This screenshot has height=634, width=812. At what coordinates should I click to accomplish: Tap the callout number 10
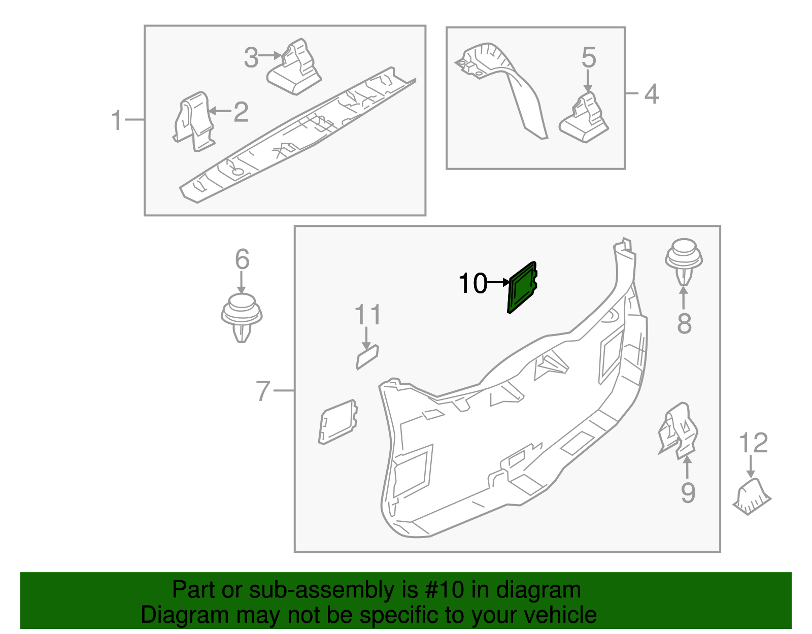click(x=472, y=283)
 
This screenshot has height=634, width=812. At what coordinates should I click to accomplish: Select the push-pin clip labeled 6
click(x=242, y=318)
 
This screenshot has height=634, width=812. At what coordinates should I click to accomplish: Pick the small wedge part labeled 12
click(x=752, y=497)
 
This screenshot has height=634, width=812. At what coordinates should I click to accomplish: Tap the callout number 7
click(x=262, y=391)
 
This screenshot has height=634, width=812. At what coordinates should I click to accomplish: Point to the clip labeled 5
click(x=585, y=119)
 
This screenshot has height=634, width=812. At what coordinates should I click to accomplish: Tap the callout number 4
click(x=651, y=94)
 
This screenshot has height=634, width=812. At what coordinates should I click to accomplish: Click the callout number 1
click(x=117, y=120)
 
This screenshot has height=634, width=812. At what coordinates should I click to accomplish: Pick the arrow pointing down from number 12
click(x=751, y=466)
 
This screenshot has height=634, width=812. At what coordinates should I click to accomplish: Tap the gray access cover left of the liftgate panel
click(x=337, y=422)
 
